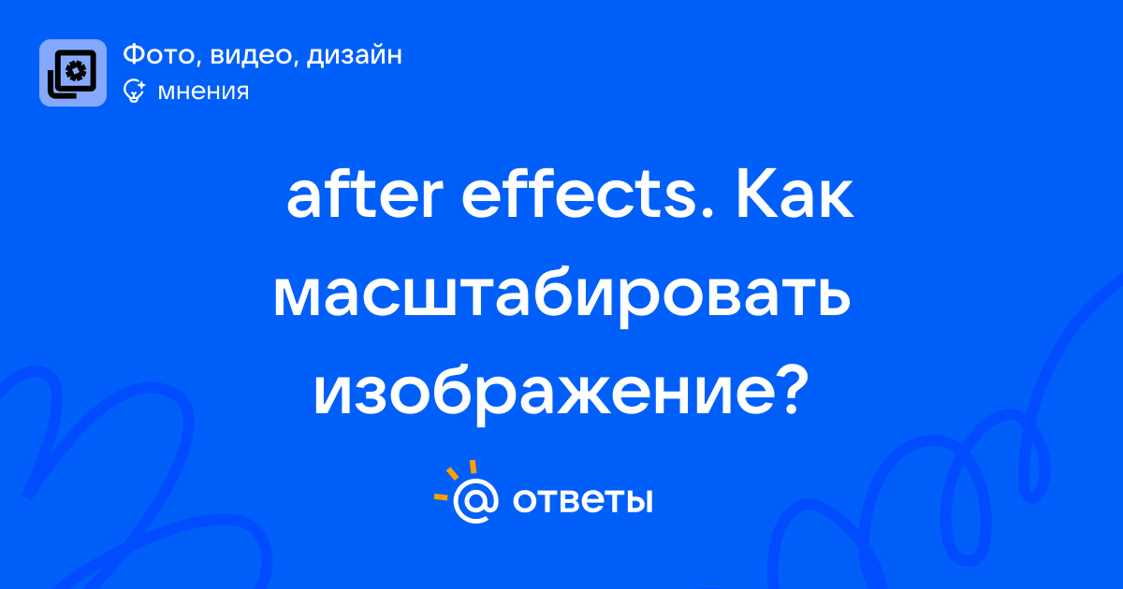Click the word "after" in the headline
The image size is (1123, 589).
click(365, 194)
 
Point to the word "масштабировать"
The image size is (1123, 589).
click(562, 297)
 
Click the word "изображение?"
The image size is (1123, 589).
click(561, 395)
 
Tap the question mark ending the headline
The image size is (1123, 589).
click(790, 390)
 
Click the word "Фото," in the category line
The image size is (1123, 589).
click(163, 55)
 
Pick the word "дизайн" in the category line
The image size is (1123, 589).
click(355, 55)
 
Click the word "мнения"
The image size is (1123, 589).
click(204, 93)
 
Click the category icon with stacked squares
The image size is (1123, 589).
click(73, 73)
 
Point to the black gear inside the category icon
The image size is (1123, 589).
click(76, 71)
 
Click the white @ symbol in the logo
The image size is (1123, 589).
click(475, 500)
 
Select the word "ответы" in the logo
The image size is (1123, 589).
click(582, 500)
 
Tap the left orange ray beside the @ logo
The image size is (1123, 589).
click(441, 497)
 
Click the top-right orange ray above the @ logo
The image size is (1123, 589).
click(473, 467)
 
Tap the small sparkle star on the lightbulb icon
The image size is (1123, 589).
click(141, 85)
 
